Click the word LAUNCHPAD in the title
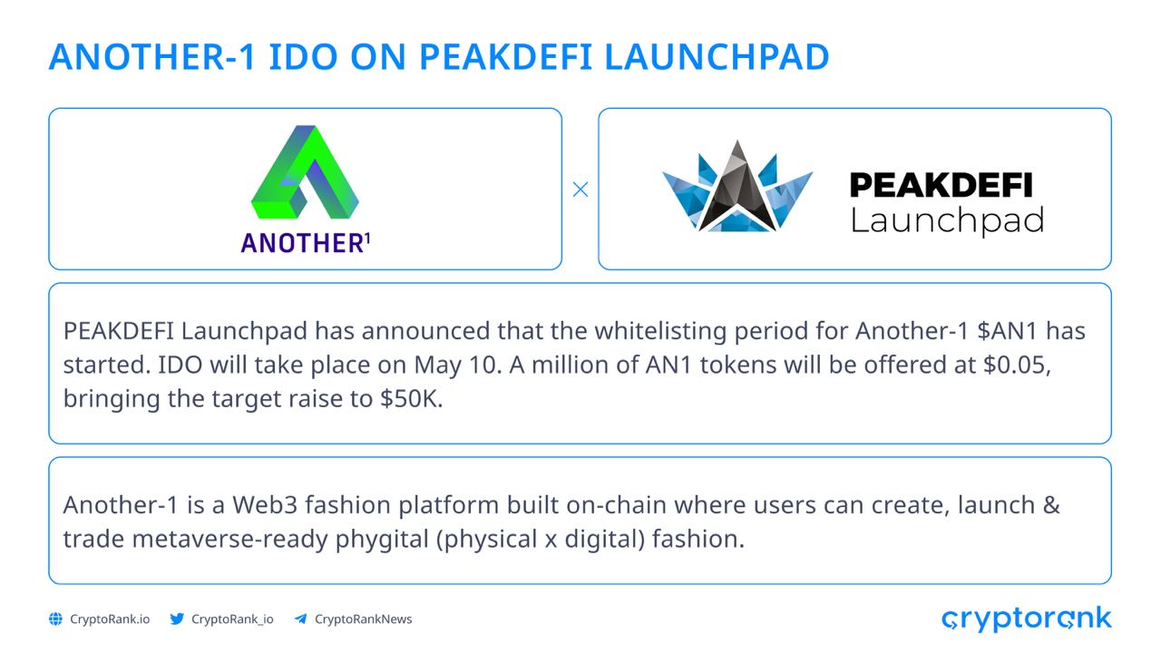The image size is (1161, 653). [717, 56]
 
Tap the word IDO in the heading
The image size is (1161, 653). [303, 56]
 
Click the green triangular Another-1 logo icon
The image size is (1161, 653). [305, 171]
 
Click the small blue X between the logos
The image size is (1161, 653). [580, 190]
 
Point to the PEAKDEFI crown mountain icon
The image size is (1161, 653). [737, 187]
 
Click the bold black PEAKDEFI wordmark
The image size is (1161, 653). [941, 185]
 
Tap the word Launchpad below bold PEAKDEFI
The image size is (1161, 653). [947, 221]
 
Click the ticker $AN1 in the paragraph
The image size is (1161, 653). [1007, 331]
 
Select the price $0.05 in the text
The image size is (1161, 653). [1017, 365]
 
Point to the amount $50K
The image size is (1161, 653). [411, 398]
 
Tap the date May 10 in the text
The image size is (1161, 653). [458, 365]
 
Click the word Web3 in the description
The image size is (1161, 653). [264, 505]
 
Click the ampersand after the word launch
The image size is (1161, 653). [1050, 505]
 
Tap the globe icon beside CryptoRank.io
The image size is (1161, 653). [55, 619]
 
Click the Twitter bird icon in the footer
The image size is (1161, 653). [177, 619]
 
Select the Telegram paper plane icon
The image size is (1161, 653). [300, 619]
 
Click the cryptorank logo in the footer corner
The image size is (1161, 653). [1026, 619]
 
